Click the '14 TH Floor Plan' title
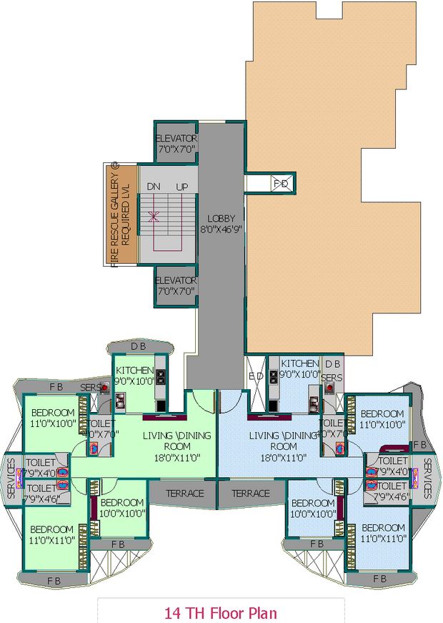pos(220,613)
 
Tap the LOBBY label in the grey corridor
pos(221,218)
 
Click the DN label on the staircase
pos(153,186)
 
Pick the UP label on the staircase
pos(182,186)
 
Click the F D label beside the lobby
pos(281,184)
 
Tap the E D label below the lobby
pos(255,376)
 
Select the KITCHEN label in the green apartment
pos(134,370)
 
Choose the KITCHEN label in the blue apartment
pos(299,363)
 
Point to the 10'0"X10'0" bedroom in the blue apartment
pos(313,508)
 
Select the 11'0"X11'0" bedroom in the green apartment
pos(51,534)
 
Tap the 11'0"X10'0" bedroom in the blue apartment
pos(382,419)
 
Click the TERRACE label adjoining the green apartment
pos(185,494)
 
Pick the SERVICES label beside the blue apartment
pos(427,478)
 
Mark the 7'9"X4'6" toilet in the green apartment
pos(40,493)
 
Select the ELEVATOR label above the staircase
pos(176,138)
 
